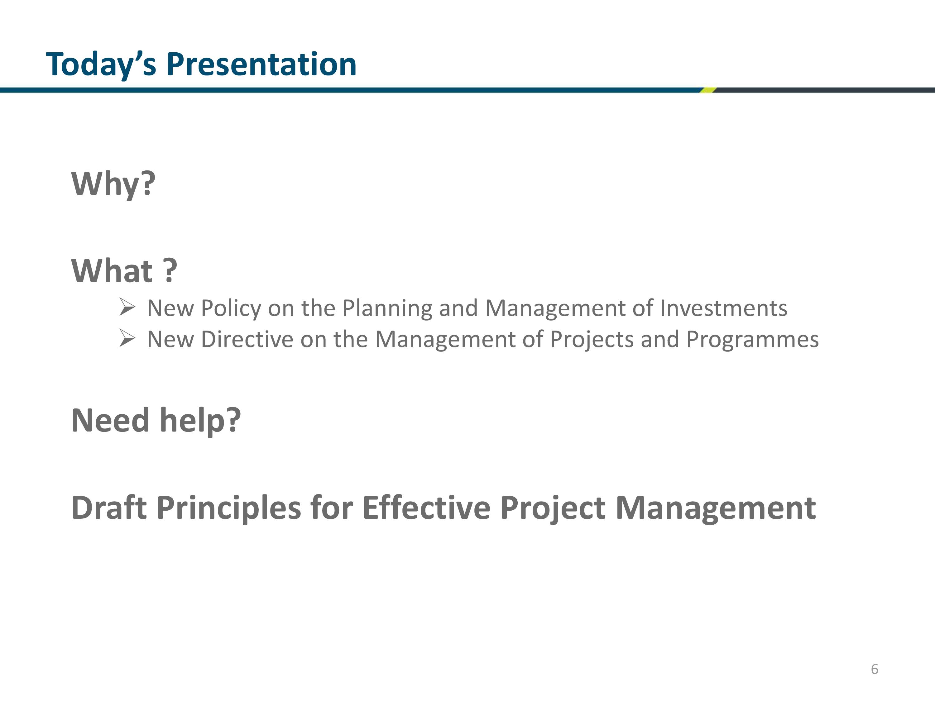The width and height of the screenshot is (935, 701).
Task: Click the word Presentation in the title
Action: pyautogui.click(x=261, y=64)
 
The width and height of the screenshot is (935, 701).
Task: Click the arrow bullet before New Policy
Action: pyautogui.click(x=127, y=307)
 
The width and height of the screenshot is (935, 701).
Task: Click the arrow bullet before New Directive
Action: pyautogui.click(x=127, y=338)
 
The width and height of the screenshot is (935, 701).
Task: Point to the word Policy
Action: pyautogui.click(x=231, y=308)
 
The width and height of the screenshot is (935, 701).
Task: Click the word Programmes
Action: pyautogui.click(x=752, y=340)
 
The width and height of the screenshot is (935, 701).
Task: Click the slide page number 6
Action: pyautogui.click(x=875, y=669)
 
